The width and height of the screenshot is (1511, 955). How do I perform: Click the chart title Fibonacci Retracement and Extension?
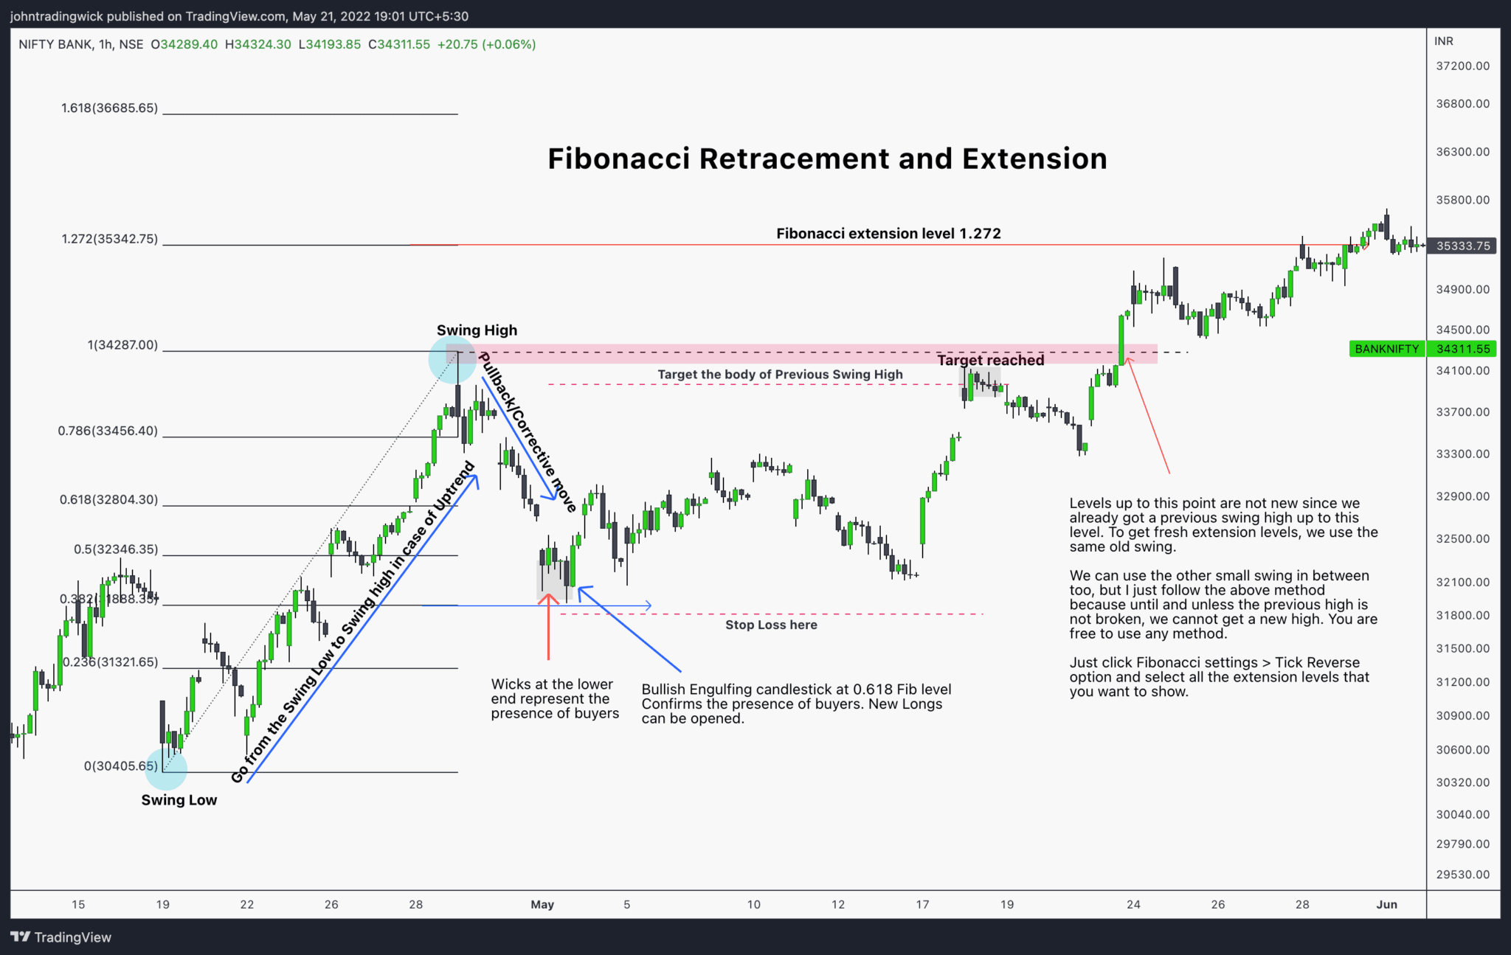pyautogui.click(x=826, y=159)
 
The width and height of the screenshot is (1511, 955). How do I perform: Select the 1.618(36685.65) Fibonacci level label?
pyautogui.click(x=109, y=108)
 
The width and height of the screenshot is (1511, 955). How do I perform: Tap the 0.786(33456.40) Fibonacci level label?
pyautogui.click(x=108, y=431)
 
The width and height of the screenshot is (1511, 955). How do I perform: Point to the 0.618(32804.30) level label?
pyautogui.click(x=108, y=499)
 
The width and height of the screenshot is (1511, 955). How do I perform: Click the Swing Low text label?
pyautogui.click(x=179, y=800)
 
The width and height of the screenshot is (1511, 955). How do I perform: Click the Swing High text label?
pyautogui.click(x=477, y=330)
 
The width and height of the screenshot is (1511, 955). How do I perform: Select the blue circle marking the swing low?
pyautogui.click(x=167, y=770)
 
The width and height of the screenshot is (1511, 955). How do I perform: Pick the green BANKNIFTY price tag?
pyautogui.click(x=1386, y=349)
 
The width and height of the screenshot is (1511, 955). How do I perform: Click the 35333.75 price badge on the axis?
pyautogui.click(x=1462, y=246)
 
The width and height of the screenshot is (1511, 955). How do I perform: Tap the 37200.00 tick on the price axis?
pyautogui.click(x=1462, y=66)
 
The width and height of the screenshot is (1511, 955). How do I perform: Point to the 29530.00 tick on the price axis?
pyautogui.click(x=1462, y=875)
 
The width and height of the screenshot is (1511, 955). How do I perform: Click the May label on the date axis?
pyautogui.click(x=542, y=904)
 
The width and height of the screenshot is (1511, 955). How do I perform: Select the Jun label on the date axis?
pyautogui.click(x=1386, y=904)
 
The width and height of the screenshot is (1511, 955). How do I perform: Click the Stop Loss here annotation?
pyautogui.click(x=771, y=625)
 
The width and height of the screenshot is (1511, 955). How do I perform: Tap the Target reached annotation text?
pyautogui.click(x=990, y=360)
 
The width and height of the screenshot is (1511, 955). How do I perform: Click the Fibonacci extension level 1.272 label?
pyautogui.click(x=888, y=234)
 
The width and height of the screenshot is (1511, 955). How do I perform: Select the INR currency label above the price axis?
pyautogui.click(x=1444, y=41)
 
